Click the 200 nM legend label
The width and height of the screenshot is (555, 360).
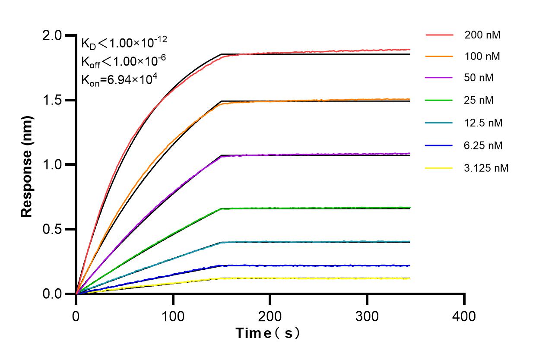click(482, 35)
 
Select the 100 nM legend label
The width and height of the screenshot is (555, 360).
click(482, 56)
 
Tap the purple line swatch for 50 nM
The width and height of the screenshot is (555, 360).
click(439, 78)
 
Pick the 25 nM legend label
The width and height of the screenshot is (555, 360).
click(479, 101)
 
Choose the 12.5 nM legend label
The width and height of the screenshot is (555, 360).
click(483, 123)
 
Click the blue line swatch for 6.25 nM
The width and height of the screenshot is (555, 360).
click(439, 145)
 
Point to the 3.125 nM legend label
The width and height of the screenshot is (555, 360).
click(486, 168)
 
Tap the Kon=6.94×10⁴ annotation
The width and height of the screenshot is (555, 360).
click(116, 80)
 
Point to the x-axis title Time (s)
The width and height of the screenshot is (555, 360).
click(268, 333)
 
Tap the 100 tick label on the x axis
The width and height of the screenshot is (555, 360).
click(173, 317)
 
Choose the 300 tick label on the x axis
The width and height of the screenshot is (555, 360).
click(367, 317)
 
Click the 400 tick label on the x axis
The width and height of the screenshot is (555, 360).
click(464, 317)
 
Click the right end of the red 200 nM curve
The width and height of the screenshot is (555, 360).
click(409, 50)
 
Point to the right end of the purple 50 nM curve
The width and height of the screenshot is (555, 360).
click(409, 153)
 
